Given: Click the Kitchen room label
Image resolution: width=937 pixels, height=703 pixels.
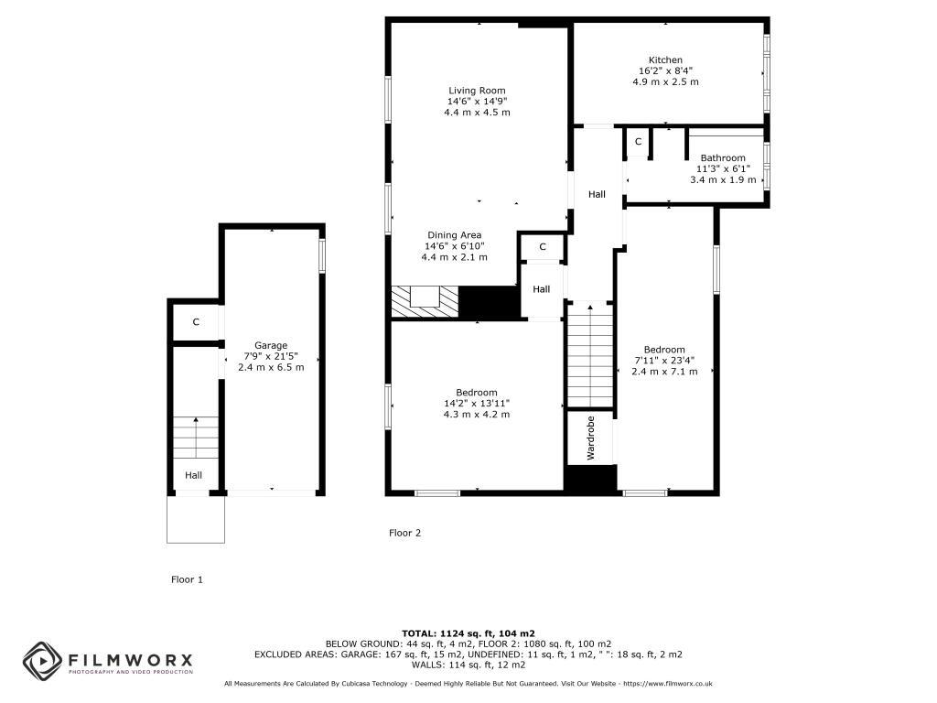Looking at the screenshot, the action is pos(665,59).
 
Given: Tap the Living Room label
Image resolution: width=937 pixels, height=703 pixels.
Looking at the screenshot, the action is pos(477,91).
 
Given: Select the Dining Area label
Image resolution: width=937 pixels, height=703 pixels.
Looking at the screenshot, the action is pos(454,235).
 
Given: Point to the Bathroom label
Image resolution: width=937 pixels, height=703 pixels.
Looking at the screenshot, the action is pos(723,157).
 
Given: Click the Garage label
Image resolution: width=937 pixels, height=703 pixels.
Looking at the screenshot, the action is pos(271,345).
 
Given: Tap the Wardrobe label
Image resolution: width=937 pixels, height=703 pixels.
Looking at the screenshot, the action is pos(591,438).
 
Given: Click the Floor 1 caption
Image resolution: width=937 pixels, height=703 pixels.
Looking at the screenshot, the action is pos(187,579).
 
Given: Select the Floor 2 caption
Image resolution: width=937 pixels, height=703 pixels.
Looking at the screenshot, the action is pos(405,533).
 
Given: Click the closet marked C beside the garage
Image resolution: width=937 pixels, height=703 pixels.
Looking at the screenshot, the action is pos(196,322).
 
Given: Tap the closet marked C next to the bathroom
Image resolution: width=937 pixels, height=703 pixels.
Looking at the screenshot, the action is pos(638,142).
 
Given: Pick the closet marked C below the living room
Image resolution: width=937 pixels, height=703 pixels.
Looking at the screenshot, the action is pos(543,247).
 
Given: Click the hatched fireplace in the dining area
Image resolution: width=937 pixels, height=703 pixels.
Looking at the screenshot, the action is pos(425,301).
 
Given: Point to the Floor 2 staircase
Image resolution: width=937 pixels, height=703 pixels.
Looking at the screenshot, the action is pos(590,356).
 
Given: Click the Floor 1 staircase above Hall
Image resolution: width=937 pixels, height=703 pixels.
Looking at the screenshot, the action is pos(196,438).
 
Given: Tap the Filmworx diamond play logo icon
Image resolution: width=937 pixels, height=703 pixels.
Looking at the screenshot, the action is pos(42,661).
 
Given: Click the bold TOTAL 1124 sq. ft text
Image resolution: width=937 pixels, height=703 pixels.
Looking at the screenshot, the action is pos(468,633).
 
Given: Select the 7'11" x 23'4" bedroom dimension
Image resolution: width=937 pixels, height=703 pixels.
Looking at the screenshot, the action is pos(664,361).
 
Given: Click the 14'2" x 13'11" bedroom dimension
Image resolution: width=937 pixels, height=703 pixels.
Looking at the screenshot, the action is pos(476,404).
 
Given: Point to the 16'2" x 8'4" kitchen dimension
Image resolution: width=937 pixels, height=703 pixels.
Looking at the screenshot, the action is pos(665,70).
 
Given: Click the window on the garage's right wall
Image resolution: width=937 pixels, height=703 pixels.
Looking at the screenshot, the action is pos(322,256).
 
